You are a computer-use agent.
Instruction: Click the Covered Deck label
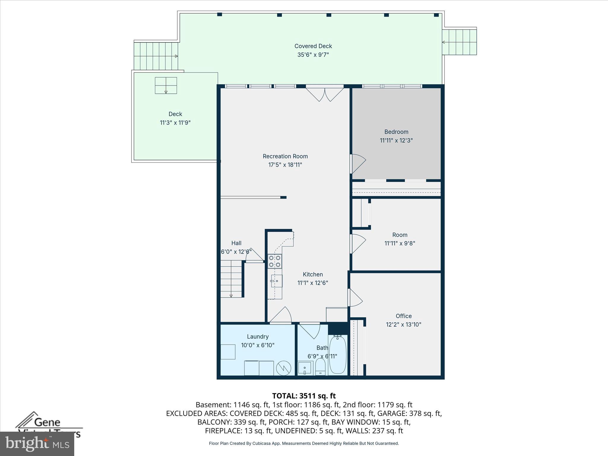coord(313,46)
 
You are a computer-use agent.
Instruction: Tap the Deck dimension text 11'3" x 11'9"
coord(175,123)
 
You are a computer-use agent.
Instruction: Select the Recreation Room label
coord(285,156)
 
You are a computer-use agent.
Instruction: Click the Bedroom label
coord(396,132)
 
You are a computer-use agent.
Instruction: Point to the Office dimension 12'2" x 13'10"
coord(403,324)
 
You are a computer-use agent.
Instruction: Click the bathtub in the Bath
coord(338,355)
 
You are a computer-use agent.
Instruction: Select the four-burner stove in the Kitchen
coord(275,262)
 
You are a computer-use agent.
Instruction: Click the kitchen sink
coord(276,281)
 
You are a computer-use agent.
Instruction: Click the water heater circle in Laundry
coord(284,368)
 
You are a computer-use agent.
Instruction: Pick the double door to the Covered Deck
coord(324,94)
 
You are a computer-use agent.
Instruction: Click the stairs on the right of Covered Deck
coord(459,42)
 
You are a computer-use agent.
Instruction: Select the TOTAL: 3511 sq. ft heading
coord(304,396)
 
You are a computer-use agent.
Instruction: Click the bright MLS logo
coord(37,444)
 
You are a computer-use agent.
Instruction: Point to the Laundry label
coord(257,337)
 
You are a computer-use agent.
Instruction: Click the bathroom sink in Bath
coord(305,368)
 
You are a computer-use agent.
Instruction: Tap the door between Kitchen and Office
coord(354,298)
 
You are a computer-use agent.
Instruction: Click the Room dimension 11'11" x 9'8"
coord(400,243)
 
